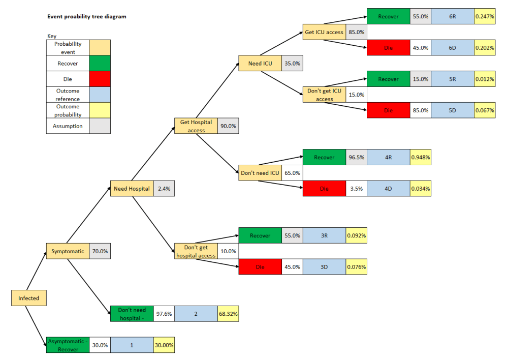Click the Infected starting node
tap(28, 298)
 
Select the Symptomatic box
tap(67, 251)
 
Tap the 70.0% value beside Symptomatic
tap(100, 251)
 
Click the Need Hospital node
tap(132, 189)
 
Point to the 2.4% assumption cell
tap(164, 189)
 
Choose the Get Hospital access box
tap(196, 126)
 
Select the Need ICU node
tap(260, 64)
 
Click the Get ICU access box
tap(324, 32)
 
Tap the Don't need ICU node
tap(260, 173)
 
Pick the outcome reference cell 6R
tap(452, 17)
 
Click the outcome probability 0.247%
tap(485, 17)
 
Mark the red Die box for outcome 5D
tap(389, 110)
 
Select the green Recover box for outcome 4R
tap(324, 157)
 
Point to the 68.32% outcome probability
tap(228, 314)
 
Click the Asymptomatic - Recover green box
tap(68, 345)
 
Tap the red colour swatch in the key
tap(100, 79)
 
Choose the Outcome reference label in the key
tap(68, 95)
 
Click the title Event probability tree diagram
tap(86, 17)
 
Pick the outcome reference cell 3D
tap(324, 267)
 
